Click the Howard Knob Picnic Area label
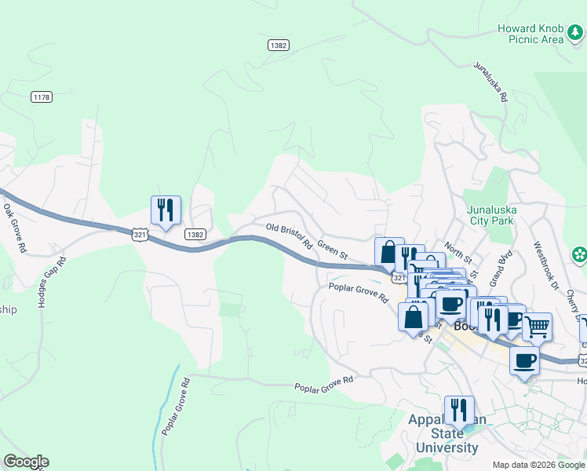tap(530, 34)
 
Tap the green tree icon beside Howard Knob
tap(576, 31)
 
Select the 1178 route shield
tap(42, 97)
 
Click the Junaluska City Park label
tap(489, 215)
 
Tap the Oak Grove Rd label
tap(15, 228)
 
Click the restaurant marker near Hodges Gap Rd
tap(166, 210)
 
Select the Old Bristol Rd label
tap(290, 236)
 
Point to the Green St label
tap(333, 250)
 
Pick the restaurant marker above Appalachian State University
tap(459, 410)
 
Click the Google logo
tap(27, 462)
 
